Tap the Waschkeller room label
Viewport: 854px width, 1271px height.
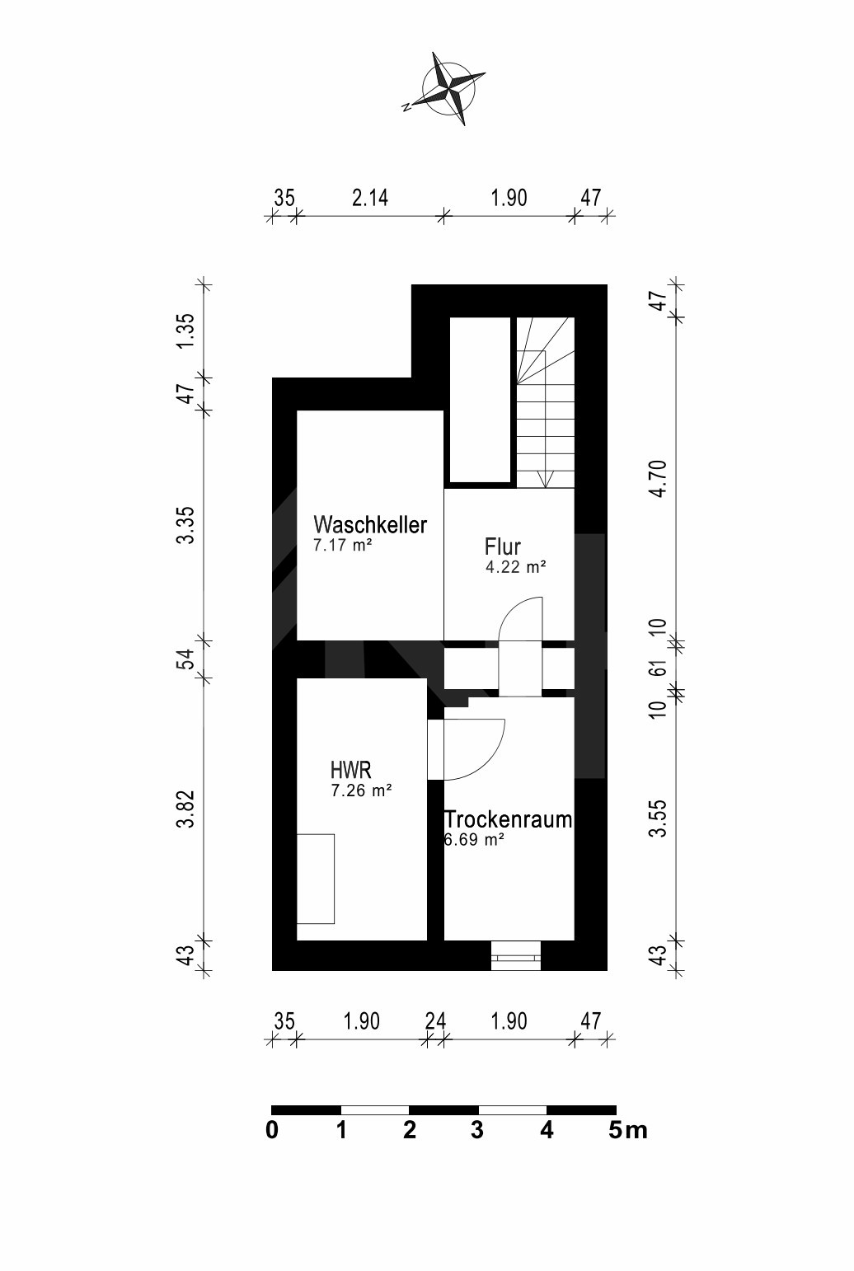tap(370, 525)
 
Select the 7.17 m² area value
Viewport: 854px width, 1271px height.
tap(343, 546)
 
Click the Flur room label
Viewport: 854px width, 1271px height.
tap(502, 547)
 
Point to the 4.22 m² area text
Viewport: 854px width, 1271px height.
tap(516, 567)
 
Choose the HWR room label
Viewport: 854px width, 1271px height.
tap(350, 771)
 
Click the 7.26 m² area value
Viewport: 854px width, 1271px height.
tap(360, 791)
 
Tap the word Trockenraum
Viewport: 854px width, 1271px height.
tap(508, 820)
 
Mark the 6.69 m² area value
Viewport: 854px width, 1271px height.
tap(474, 841)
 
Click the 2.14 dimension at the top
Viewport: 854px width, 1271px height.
tap(369, 199)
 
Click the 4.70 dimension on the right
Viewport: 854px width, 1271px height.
tap(657, 478)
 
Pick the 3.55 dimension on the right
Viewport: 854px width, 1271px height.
tap(657, 818)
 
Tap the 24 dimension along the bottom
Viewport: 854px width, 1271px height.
tap(435, 1021)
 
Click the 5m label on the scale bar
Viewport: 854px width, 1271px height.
tap(628, 1131)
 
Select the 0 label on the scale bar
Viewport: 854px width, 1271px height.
tap(272, 1131)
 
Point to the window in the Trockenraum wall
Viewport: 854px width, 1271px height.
tap(515, 957)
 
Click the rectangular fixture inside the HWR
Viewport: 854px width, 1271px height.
tap(316, 879)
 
